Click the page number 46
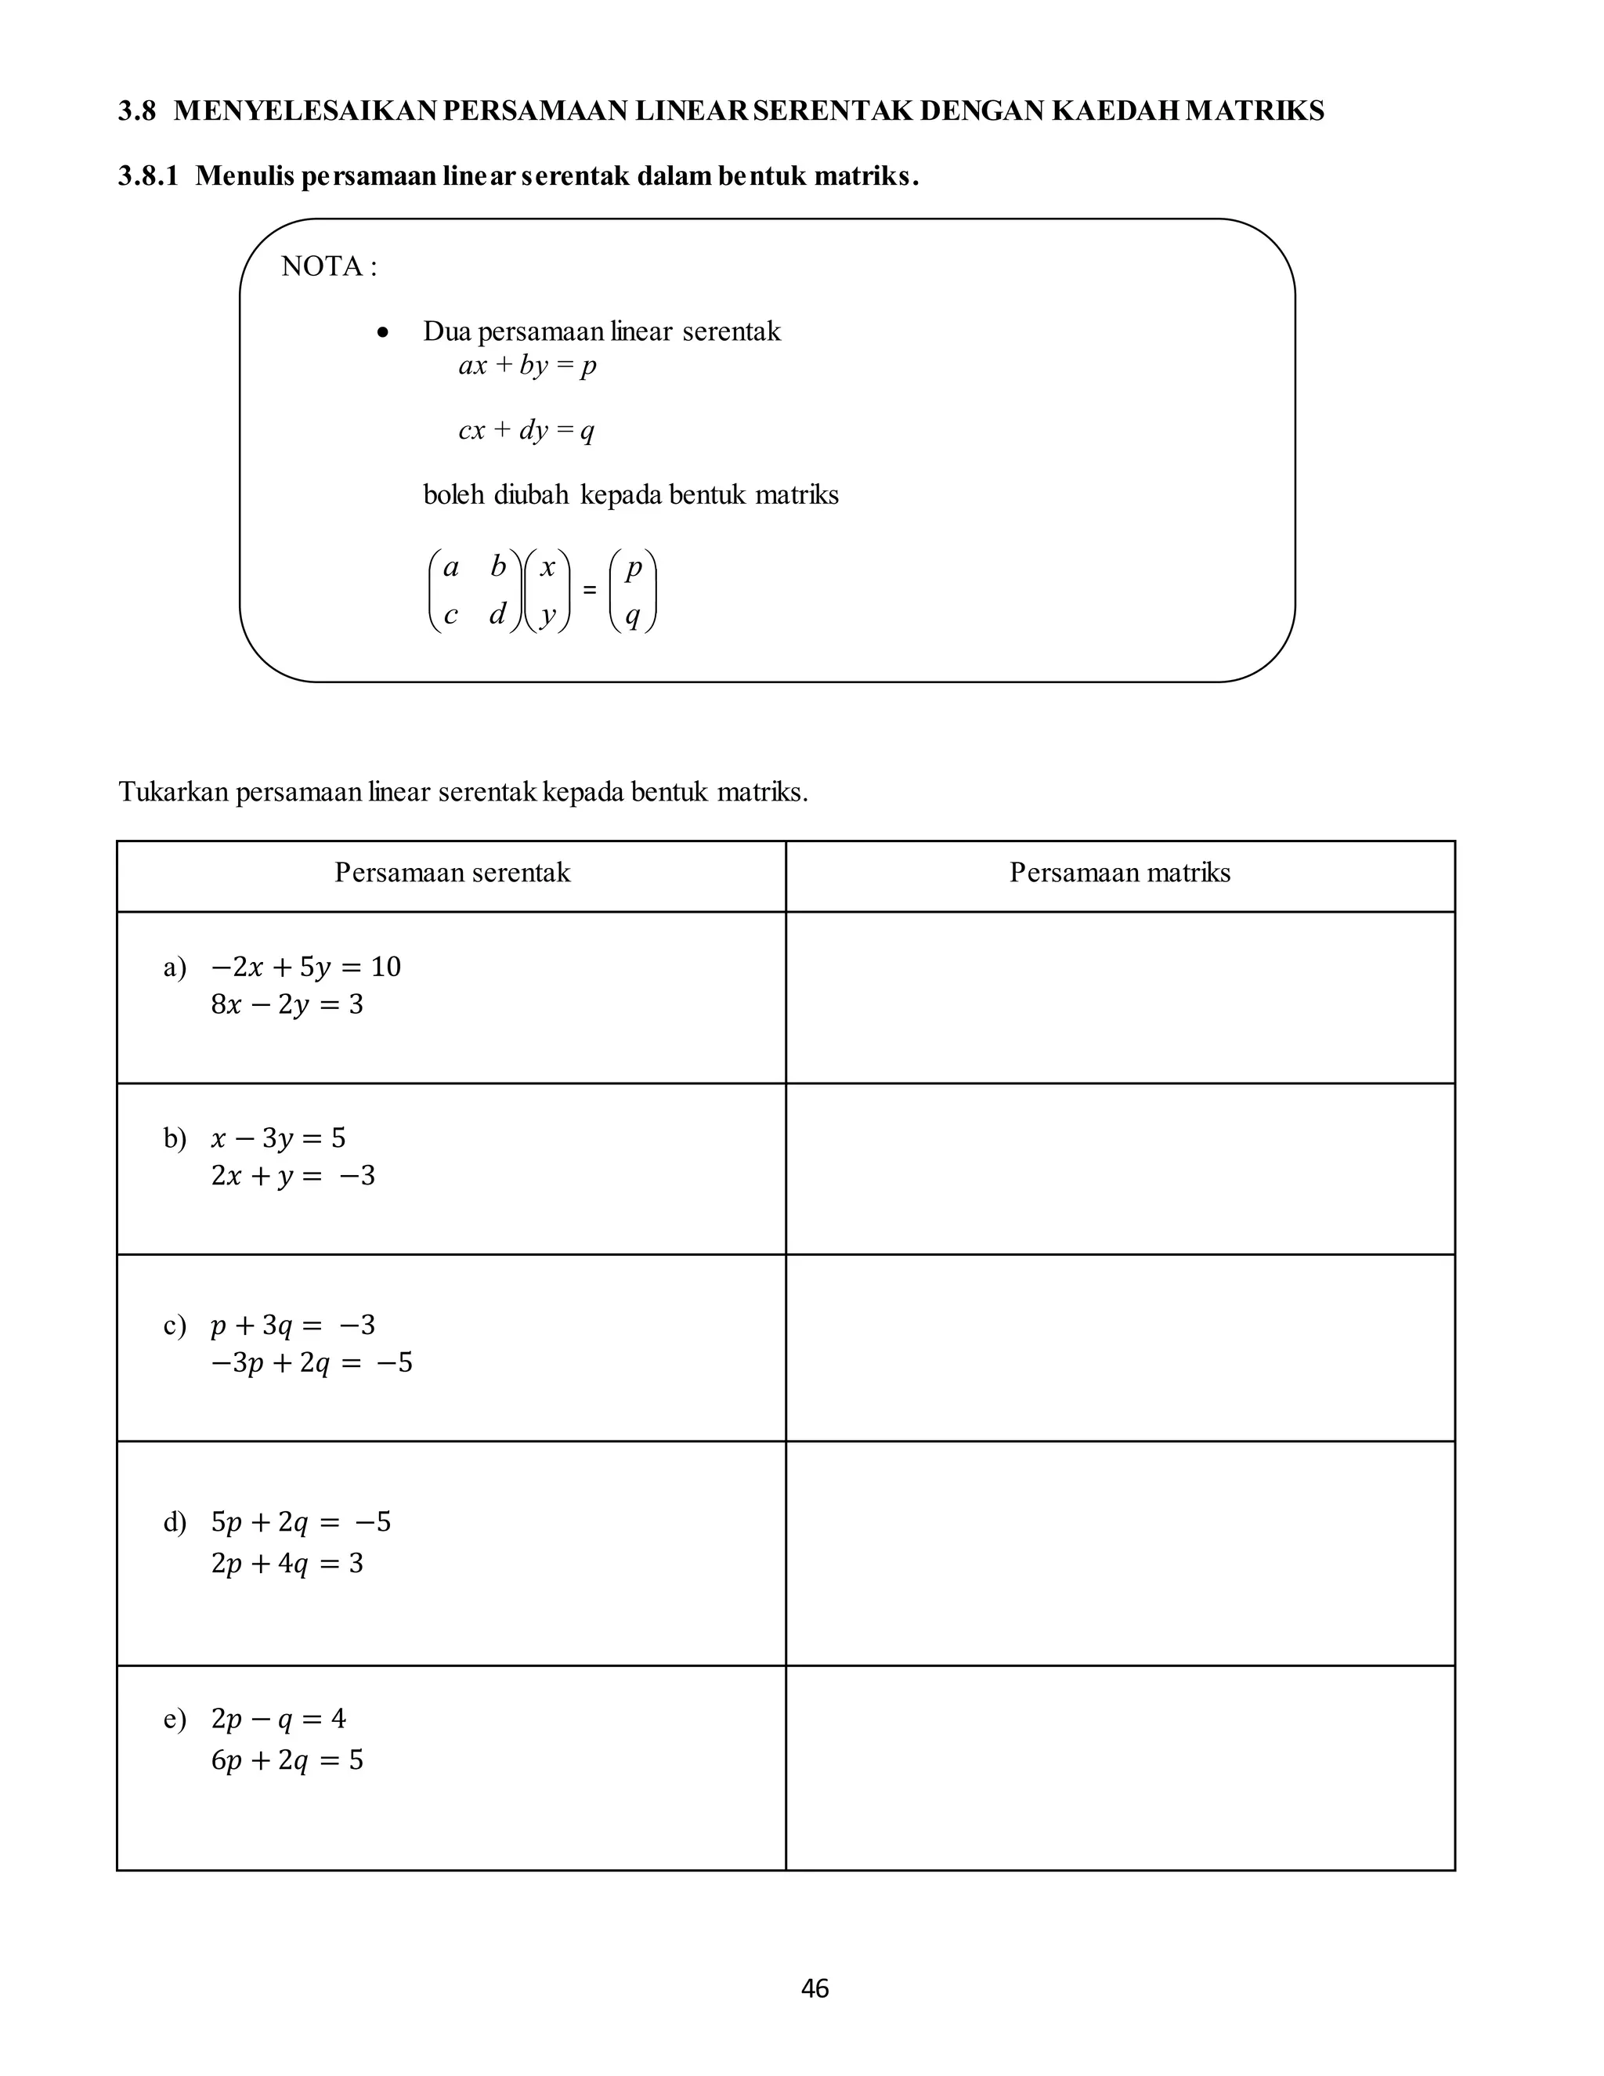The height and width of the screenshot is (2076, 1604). (x=815, y=1988)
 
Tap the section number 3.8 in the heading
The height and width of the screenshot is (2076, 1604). (x=137, y=111)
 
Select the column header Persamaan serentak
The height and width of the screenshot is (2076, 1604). (x=453, y=873)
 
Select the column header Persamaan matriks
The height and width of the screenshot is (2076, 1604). (x=1119, y=873)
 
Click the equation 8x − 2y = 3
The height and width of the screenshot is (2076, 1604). (x=287, y=1005)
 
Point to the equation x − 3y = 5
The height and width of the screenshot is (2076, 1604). (x=278, y=1137)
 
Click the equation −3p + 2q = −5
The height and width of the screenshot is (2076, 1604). (x=312, y=1363)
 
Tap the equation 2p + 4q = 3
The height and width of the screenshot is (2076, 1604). (x=287, y=1564)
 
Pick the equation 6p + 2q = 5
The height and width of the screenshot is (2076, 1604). (x=287, y=1760)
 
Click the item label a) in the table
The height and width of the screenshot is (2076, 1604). (x=175, y=967)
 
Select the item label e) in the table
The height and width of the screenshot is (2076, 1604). (x=175, y=1719)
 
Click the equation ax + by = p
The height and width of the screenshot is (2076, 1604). (x=527, y=366)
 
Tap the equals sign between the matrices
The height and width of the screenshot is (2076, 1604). (x=589, y=591)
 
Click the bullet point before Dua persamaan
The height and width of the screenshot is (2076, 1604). (x=382, y=334)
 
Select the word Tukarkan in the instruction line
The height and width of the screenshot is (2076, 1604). (x=174, y=792)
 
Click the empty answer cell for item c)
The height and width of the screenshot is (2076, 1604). (x=1119, y=1347)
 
